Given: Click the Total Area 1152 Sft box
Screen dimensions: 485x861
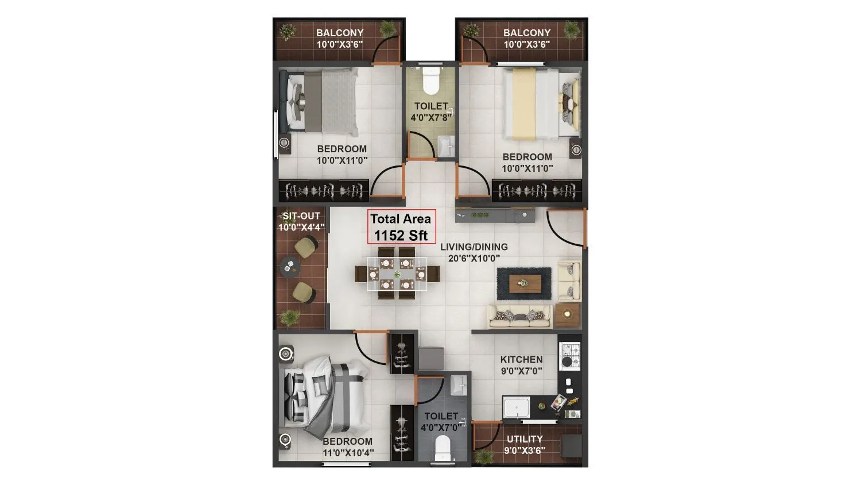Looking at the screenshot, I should [401, 226].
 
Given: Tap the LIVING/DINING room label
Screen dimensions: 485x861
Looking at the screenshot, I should [474, 247].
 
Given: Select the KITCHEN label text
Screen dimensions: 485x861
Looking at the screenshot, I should [521, 359].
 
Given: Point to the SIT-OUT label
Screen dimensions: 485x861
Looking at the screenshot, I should [301, 216].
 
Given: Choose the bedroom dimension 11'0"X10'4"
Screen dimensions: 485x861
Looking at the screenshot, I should [348, 452].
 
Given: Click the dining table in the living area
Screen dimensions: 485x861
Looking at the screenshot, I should [397, 274].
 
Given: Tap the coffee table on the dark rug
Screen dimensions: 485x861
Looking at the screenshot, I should [523, 282].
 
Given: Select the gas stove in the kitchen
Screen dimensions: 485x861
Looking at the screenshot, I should [569, 355].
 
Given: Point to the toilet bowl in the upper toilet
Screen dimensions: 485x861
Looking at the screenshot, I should [430, 80].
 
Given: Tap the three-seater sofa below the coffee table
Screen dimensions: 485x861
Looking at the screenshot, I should [519, 315].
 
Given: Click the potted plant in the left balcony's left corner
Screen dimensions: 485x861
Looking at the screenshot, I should [286, 30].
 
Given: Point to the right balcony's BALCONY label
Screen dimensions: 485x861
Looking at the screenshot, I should [526, 33].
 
